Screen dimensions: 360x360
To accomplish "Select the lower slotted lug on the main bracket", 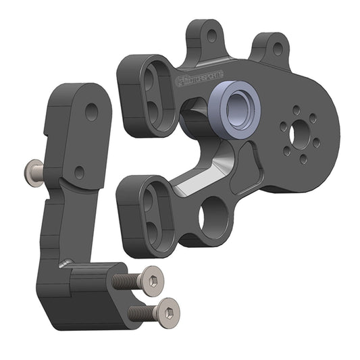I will pos(152,211).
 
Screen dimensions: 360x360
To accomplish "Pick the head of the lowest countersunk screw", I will pos(170,310).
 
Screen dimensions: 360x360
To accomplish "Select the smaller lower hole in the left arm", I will pos(80,172).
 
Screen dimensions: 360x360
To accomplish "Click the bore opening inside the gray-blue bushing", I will pos(240,108).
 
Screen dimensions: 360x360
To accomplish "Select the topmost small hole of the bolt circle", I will pos(297,108).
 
